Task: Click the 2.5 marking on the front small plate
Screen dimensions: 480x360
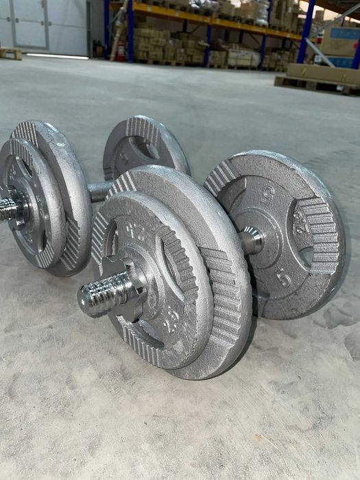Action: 171,315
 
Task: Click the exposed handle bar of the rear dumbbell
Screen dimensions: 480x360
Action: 100,190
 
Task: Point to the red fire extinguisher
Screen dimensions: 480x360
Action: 121,49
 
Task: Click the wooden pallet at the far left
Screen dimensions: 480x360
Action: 10,53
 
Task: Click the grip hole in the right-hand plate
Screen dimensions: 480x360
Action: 304,254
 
